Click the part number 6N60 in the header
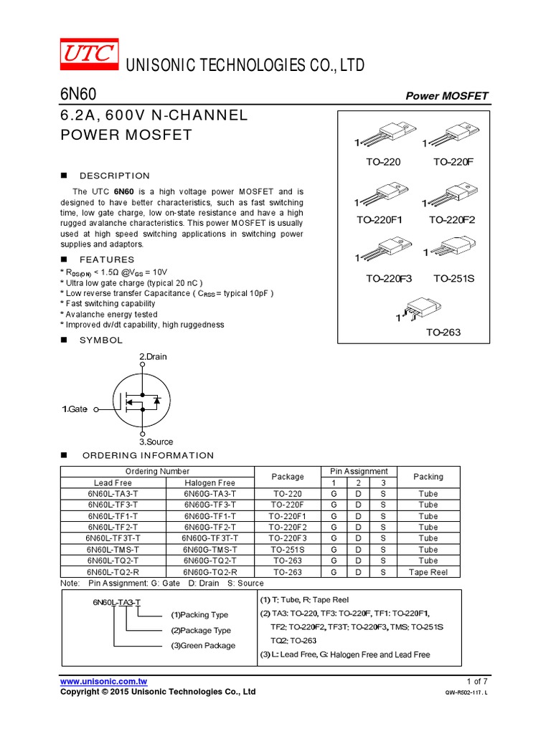click(x=74, y=95)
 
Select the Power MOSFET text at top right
click(x=447, y=96)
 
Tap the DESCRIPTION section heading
click(x=115, y=176)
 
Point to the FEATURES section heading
click(x=107, y=259)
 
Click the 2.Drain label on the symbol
click(x=153, y=356)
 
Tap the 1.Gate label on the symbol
click(x=75, y=409)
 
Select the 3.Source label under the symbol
click(x=156, y=442)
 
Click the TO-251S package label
click(x=453, y=278)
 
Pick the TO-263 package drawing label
click(x=443, y=333)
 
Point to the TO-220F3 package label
click(x=388, y=278)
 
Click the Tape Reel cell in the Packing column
click(x=428, y=572)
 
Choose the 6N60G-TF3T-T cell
click(x=209, y=538)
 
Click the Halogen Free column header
click(x=209, y=483)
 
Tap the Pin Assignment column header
click(x=359, y=472)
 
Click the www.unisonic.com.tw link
click(x=103, y=681)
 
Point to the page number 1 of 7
click(x=476, y=681)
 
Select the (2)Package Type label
click(x=201, y=630)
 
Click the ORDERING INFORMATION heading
click(x=148, y=455)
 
